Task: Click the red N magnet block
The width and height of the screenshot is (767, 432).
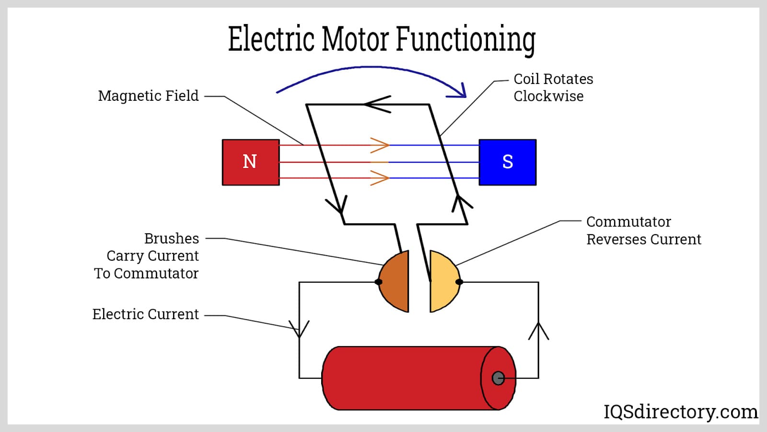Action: click(251, 162)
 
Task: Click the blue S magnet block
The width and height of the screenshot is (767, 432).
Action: click(508, 162)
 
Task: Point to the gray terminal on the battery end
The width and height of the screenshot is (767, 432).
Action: click(498, 378)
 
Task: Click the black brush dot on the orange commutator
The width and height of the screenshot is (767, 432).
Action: click(378, 282)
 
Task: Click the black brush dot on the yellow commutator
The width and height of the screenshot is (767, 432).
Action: click(459, 282)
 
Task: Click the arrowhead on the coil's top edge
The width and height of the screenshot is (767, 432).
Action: click(376, 104)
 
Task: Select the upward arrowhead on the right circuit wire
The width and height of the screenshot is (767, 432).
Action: click(538, 331)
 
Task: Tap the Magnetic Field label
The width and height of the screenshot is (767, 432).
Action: click(148, 96)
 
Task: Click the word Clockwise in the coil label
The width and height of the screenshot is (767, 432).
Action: click(548, 96)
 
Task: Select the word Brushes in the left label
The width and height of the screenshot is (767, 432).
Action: click(171, 239)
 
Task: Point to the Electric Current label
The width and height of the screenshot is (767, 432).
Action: click(145, 314)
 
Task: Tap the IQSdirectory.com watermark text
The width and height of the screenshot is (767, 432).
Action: click(680, 412)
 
